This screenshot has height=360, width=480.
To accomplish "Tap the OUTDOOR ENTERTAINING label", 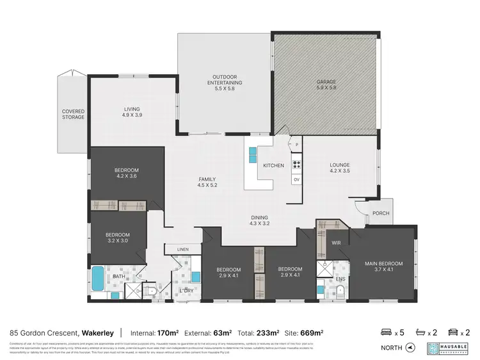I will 227,83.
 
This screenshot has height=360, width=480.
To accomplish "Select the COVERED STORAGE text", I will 73,114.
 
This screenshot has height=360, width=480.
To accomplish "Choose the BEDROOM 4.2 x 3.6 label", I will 127,174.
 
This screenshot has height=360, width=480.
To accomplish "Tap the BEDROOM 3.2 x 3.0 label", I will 117,238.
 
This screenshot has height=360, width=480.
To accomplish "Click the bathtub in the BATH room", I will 98,277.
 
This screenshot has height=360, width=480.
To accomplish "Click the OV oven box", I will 296,179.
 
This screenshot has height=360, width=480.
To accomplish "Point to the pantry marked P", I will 297,145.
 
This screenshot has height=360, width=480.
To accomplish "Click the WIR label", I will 335,243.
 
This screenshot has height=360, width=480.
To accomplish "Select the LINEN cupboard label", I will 182,249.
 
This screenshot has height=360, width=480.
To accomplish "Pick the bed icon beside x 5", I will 386,332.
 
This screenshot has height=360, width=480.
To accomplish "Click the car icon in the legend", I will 452,332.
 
